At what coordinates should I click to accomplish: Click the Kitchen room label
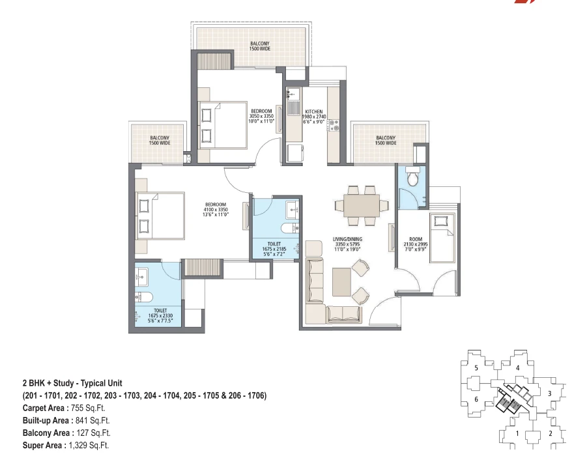314,111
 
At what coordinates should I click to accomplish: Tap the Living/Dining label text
347,239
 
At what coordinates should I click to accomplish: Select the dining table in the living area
362,206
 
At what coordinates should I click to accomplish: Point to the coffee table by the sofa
341,281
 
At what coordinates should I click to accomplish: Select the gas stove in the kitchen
333,125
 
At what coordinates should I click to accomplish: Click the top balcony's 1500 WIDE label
260,49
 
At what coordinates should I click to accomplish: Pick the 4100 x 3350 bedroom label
216,210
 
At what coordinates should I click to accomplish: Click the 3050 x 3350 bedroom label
261,116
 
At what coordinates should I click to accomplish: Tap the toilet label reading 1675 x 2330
160,315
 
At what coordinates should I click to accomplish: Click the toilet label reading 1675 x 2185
274,249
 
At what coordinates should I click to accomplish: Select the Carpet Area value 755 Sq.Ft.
88,408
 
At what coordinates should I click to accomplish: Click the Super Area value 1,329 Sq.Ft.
89,445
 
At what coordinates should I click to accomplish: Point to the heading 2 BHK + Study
48,383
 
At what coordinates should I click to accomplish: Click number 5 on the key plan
476,368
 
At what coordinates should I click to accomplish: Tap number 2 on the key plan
551,434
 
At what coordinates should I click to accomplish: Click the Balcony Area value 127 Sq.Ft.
94,433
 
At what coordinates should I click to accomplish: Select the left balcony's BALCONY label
160,137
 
